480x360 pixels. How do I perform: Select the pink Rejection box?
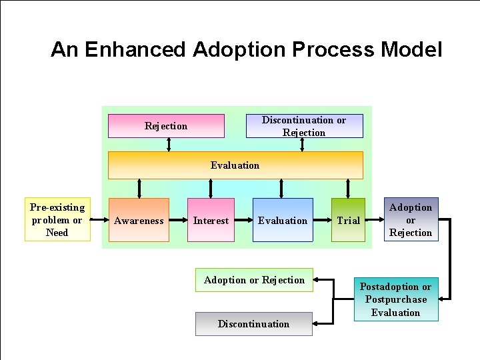[x=166, y=126]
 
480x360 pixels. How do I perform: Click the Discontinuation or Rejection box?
[x=304, y=126]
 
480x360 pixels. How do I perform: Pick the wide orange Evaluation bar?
[x=235, y=165]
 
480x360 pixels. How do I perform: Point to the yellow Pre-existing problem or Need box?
[x=57, y=220]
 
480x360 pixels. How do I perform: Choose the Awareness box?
[x=139, y=220]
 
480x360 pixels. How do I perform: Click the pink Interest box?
[x=211, y=220]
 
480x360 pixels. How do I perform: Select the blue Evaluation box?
[x=283, y=220]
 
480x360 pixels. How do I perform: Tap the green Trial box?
[x=348, y=220]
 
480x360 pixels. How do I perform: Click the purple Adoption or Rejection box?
[x=411, y=220]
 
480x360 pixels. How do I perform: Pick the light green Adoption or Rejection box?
[x=254, y=280]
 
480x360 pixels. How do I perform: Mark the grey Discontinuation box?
[x=253, y=324]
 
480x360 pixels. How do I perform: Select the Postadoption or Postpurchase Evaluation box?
[x=395, y=299]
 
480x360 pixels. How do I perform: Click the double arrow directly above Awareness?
[x=139, y=189]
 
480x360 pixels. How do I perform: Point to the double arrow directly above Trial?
[x=347, y=189]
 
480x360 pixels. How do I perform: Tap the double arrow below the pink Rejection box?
[x=169, y=145]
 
